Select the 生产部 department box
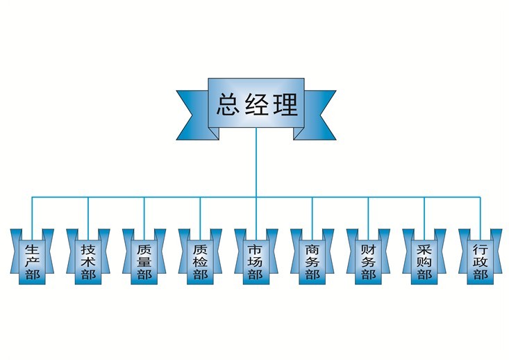pyautogui.click(x=32, y=261)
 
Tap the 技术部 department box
pyautogui.click(x=88, y=261)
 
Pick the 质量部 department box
pyautogui.click(x=144, y=261)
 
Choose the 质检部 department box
pyautogui.click(x=200, y=261)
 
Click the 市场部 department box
pyautogui.click(x=256, y=261)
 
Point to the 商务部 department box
pyautogui.click(x=312, y=261)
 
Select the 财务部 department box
pyautogui.click(x=368, y=261)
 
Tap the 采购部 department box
pyautogui.click(x=424, y=261)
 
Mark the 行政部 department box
pyautogui.click(x=480, y=261)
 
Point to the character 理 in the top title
pyautogui.click(x=284, y=105)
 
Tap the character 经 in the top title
pyautogui.click(x=257, y=105)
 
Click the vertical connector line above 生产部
pyautogui.click(x=32, y=213)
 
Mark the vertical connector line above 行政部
pyautogui.click(x=480, y=213)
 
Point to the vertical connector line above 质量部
pyautogui.click(x=144, y=213)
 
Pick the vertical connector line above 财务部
pyautogui.click(x=368, y=213)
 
